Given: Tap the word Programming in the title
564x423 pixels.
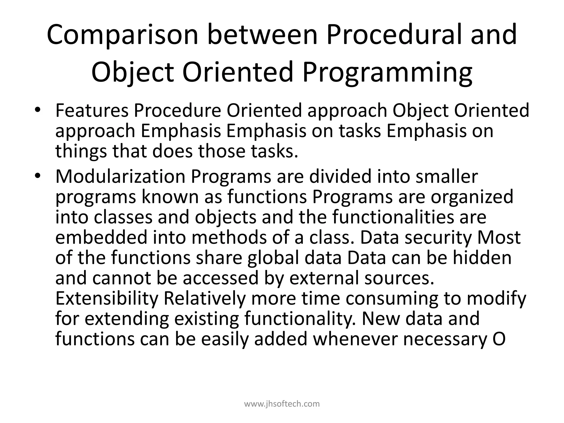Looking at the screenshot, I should (x=388, y=72).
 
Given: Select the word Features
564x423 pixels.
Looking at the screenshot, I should (x=92, y=110).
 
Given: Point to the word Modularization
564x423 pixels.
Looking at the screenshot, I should (x=120, y=177).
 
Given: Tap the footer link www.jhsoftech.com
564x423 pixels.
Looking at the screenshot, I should (x=282, y=404).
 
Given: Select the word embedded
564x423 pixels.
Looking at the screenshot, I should (x=101, y=237).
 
